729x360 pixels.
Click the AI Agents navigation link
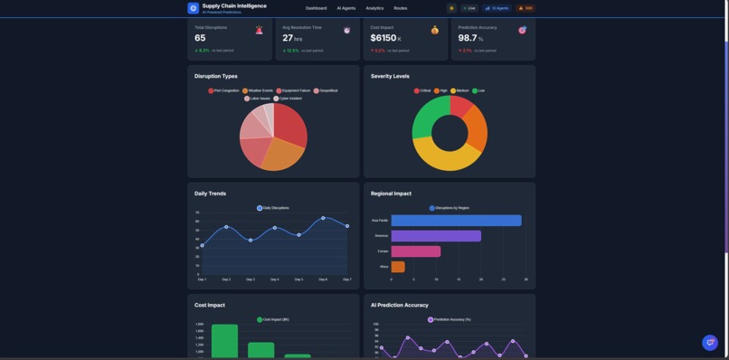point(346,8)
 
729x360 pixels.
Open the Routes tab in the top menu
point(400,8)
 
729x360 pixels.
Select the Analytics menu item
point(374,8)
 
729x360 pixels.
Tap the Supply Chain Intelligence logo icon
point(193,8)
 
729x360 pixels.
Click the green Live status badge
point(469,8)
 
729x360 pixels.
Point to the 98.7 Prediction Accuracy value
point(468,38)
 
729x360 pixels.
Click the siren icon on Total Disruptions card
point(259,30)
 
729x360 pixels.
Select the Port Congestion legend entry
point(223,90)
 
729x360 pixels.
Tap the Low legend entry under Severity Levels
point(478,90)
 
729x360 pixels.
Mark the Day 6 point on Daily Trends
point(323,218)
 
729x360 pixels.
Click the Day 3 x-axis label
point(251,279)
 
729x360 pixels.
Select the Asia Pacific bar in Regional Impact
point(456,221)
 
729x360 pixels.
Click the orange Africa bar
point(398,267)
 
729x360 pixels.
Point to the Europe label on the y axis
point(383,251)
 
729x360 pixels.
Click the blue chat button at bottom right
point(710,342)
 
